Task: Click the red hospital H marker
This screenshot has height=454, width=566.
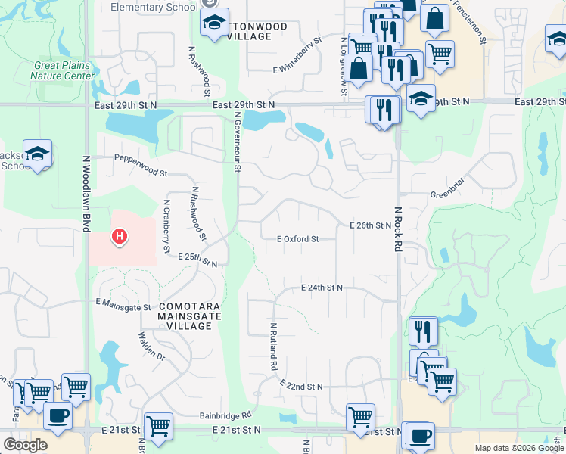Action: click(x=119, y=237)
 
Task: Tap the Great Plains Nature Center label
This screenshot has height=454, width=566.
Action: click(x=64, y=70)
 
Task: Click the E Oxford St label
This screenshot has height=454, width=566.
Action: click(x=297, y=239)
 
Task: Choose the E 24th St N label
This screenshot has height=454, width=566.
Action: click(x=322, y=288)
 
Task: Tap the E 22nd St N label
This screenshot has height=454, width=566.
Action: click(x=301, y=387)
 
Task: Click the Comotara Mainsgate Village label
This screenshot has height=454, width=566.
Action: click(x=189, y=316)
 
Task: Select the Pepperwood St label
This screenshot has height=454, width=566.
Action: click(x=141, y=158)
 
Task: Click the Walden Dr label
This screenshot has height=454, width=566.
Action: click(x=151, y=344)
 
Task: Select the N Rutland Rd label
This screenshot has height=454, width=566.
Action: click(x=273, y=346)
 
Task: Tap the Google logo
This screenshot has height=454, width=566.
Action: click(x=26, y=445)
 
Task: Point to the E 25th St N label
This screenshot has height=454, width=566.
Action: click(x=198, y=260)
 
